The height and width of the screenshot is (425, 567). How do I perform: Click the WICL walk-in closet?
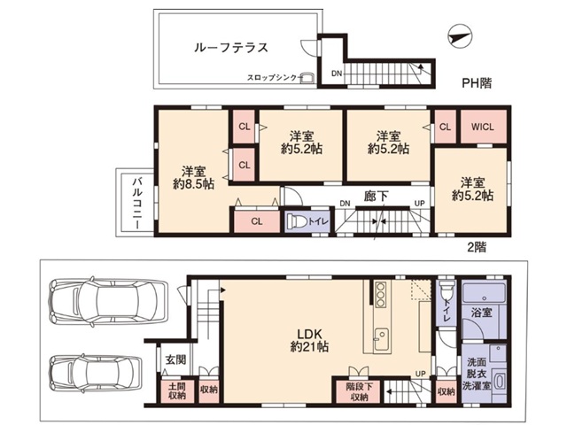click(483, 126)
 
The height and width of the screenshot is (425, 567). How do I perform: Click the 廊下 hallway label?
click(377, 197)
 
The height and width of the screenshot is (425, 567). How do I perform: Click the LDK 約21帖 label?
click(309, 341)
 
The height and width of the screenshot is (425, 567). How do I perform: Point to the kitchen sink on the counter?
click(381, 337)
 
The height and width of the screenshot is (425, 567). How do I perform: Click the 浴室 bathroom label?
click(483, 313)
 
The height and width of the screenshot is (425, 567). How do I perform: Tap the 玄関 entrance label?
click(175, 359)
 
